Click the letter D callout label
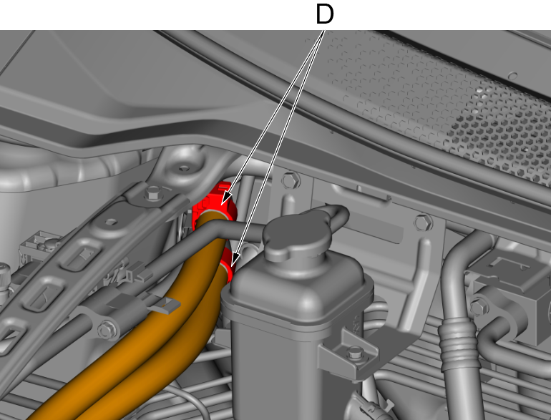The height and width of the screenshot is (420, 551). pos(325,14)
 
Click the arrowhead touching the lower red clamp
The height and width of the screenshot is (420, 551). pos(235,260)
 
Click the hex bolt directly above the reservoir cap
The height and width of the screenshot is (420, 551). pos(291,180)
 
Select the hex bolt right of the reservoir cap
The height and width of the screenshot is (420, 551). pos(424,223)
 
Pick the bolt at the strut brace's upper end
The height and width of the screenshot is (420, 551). pos(153,192)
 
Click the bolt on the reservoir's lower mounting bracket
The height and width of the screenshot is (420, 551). pos(355,352)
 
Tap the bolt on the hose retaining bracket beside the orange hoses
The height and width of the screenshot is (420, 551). pos(105,331)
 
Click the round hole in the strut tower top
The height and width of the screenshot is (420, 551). pos(184,168)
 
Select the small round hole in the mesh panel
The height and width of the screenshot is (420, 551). pos(512,76)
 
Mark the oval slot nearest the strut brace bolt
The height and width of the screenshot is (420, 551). pos(112,222)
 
